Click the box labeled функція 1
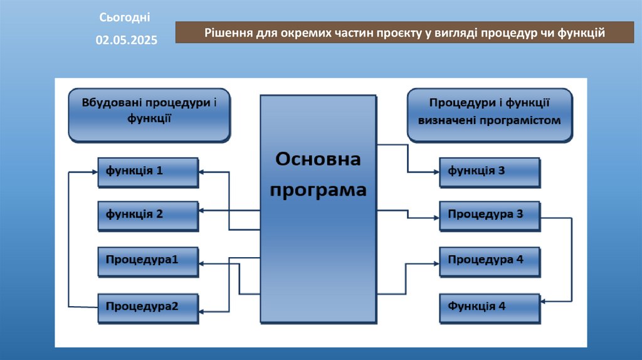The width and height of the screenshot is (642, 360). (x=148, y=171)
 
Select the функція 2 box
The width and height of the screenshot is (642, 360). (x=148, y=214)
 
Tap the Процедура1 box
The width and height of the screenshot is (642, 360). (x=148, y=259)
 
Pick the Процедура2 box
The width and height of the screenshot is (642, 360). (x=148, y=307)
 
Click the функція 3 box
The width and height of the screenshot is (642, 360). (x=489, y=171)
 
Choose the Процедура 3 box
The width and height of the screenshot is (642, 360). (x=489, y=214)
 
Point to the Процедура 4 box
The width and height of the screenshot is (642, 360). (x=489, y=260)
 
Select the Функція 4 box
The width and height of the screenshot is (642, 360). (x=489, y=307)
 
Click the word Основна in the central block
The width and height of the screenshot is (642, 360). (x=318, y=160)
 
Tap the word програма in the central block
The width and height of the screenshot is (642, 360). (x=318, y=189)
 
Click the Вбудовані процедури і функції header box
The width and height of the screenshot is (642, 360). (x=149, y=114)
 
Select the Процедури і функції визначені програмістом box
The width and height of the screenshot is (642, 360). (x=489, y=114)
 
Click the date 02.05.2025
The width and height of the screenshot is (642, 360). (x=127, y=40)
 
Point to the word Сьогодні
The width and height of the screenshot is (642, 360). (x=125, y=17)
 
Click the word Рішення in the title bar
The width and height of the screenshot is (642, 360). (x=228, y=33)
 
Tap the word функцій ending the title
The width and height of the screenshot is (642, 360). (x=581, y=33)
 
